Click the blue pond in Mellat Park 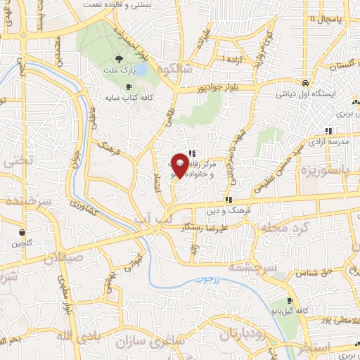pyautogui.click(x=141, y=69)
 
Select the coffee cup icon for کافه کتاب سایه pyautogui.click(x=128, y=87)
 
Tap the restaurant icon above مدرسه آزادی pyautogui.click(x=328, y=130)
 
